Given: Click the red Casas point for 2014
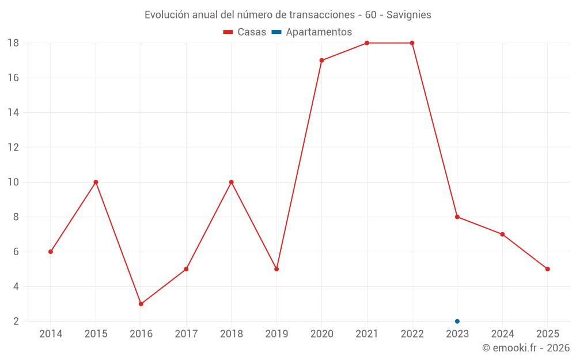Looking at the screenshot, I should coord(51,252).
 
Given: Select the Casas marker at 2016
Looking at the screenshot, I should coord(141,304).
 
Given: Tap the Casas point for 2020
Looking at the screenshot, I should coord(321,60).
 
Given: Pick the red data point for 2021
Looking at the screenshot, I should coord(367,43).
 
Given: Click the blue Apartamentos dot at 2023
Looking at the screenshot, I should coord(457,321).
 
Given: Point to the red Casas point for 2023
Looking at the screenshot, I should coord(457,217).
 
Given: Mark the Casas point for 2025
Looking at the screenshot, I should coord(547,269).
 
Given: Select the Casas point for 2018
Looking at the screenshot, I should coord(231,182).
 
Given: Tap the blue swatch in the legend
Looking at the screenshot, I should coord(276,32).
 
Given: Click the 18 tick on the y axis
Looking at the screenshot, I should coord(13,43).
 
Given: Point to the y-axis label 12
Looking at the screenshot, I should coord(13,147).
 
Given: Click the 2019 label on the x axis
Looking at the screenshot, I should coord(276,334).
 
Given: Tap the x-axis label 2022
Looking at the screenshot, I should coord(412,334).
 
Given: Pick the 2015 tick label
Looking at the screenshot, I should coord(96,334).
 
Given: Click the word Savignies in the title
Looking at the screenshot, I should coord(409,15).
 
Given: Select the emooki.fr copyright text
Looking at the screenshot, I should coord(526,348).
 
